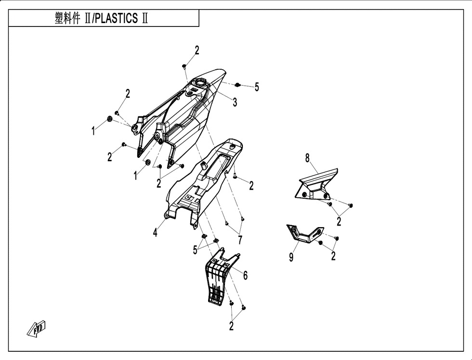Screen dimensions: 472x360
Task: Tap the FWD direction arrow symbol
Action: [37, 328]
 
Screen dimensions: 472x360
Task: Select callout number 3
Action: [235, 102]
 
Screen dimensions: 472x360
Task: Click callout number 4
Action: [155, 232]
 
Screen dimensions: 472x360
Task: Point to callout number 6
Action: [245, 275]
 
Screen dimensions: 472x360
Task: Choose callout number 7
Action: [240, 240]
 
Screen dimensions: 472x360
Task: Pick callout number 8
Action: [307, 157]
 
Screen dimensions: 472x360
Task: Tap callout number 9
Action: [291, 257]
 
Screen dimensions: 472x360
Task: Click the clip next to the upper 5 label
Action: [237, 85]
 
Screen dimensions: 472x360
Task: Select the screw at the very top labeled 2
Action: [184, 66]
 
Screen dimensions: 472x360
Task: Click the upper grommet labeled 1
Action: [110, 119]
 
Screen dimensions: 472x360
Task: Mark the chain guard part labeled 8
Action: [316, 184]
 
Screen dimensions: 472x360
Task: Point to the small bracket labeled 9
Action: [304, 235]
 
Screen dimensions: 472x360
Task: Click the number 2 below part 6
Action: [231, 326]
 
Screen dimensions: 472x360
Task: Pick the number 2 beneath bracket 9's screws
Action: [333, 256]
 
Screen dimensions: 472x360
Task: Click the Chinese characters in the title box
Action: [68, 18]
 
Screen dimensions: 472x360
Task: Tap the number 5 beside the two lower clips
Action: [196, 250]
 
